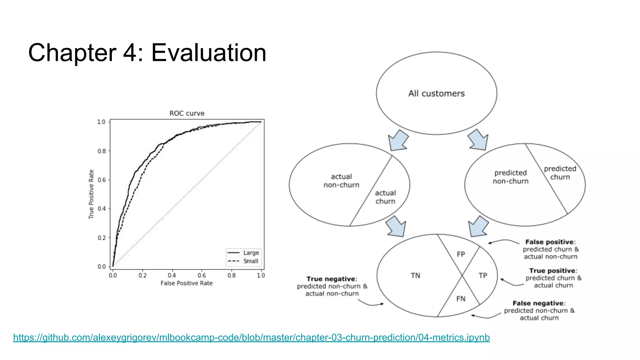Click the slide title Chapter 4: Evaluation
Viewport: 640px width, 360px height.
(147, 52)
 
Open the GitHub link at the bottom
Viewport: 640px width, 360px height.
(251, 337)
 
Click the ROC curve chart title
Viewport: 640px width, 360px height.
(187, 113)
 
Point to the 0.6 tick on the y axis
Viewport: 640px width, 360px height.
(102, 180)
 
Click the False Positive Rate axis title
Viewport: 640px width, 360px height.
(187, 283)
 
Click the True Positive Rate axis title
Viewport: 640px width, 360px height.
(91, 194)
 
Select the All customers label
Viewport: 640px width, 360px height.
(436, 93)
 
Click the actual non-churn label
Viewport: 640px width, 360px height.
(341, 181)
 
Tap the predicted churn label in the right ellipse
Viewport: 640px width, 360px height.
(560, 173)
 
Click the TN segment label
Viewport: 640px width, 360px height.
(415, 276)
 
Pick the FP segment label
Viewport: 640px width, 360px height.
(461, 254)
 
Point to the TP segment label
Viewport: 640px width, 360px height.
(483, 276)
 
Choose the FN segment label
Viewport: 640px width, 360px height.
(461, 299)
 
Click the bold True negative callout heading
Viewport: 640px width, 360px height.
(331, 279)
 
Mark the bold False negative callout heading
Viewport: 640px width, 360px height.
(539, 303)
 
